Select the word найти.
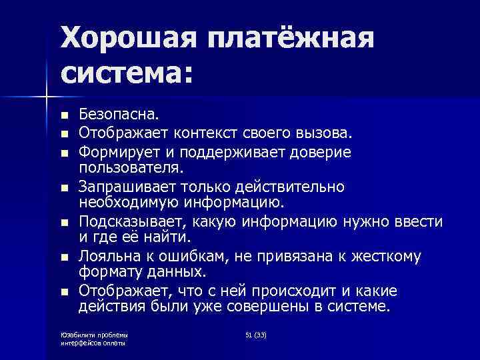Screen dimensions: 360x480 (x=169, y=237)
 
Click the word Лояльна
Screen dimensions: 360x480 (x=106, y=255)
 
